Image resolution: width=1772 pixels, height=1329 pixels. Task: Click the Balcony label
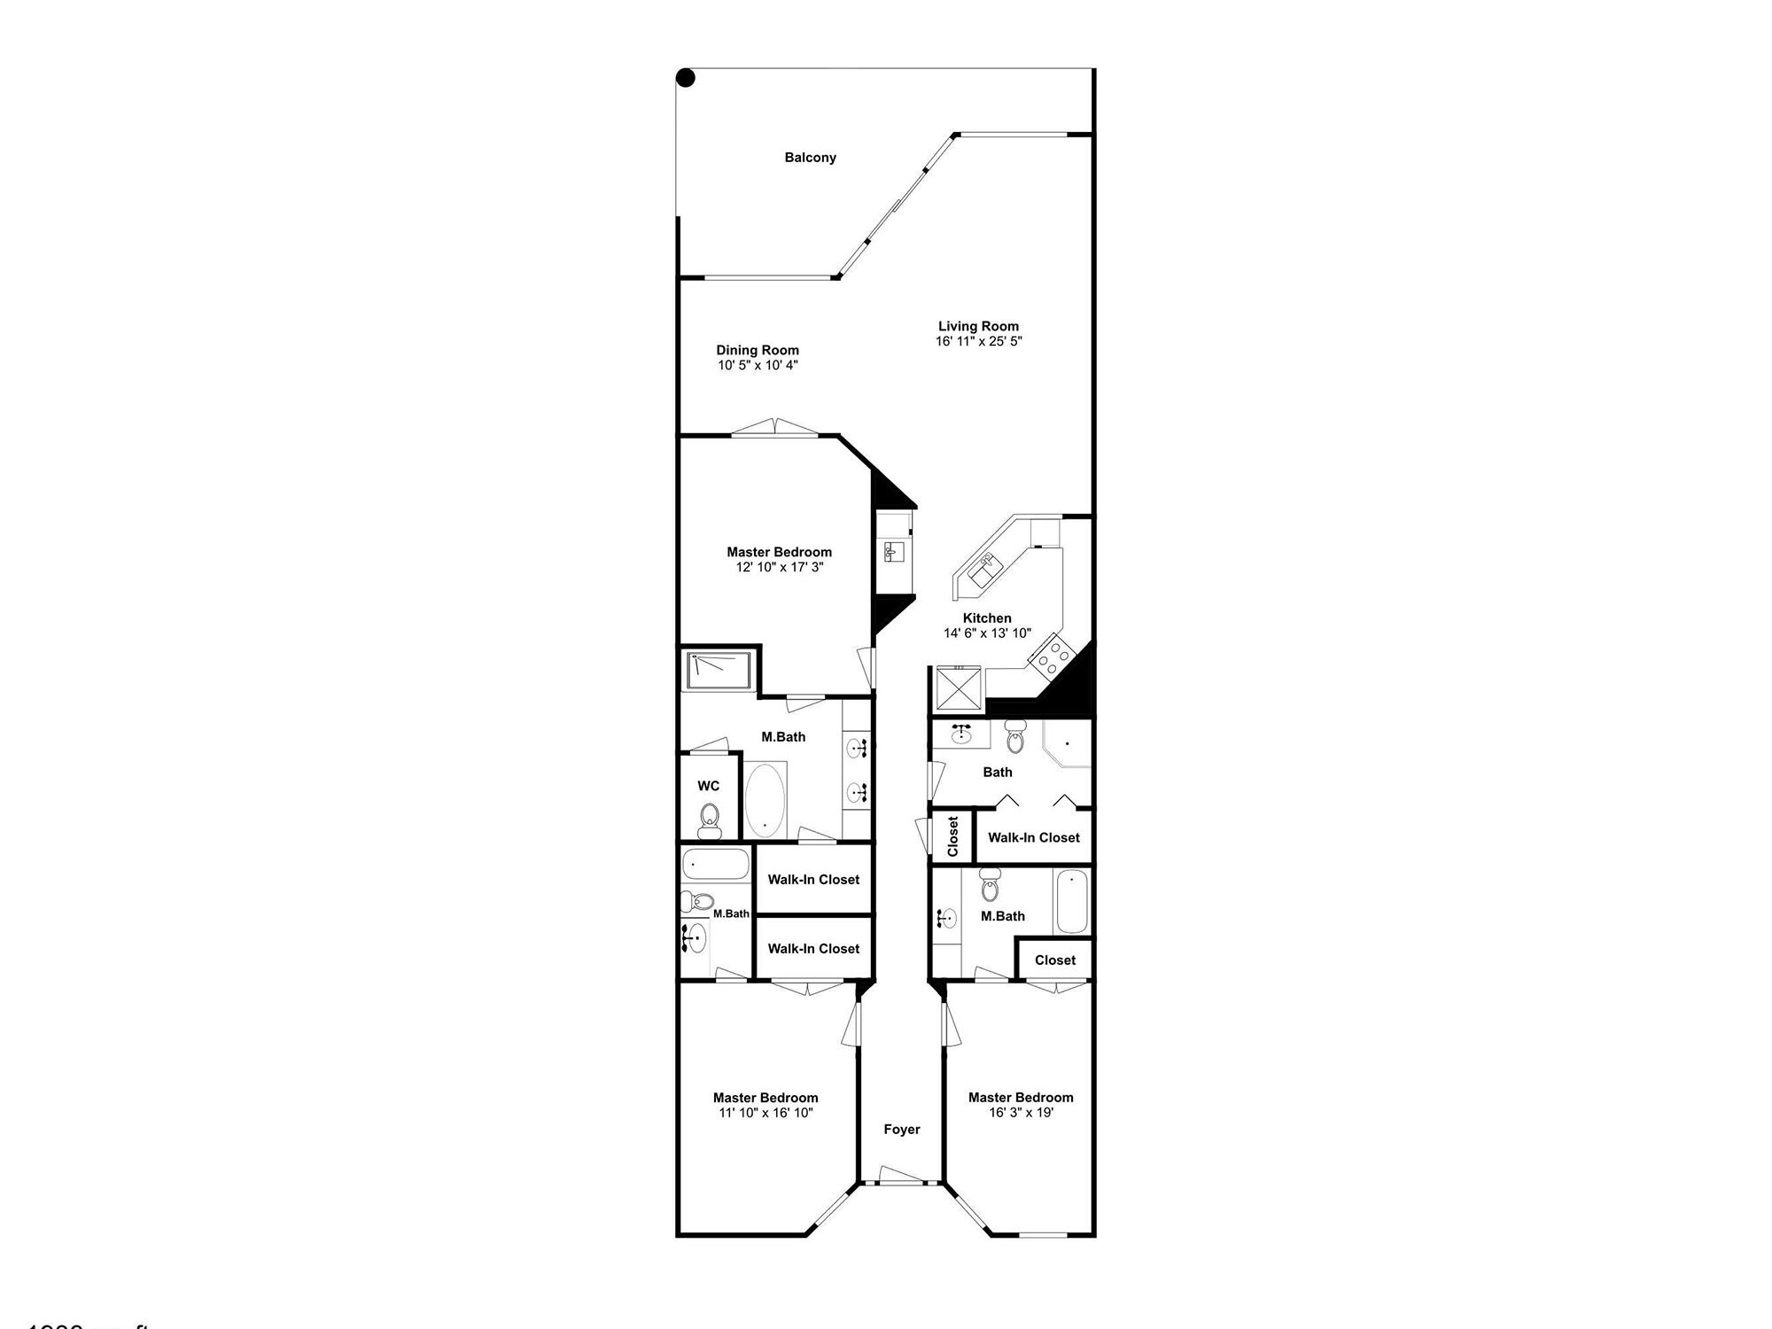[810, 158]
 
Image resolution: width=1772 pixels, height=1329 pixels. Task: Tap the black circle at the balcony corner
[686, 78]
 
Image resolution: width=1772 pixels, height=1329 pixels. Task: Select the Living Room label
[978, 326]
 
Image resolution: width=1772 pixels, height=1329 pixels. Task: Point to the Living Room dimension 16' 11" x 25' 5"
[978, 341]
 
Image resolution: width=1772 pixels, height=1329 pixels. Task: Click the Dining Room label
[758, 350]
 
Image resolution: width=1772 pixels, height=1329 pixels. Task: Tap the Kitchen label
[987, 618]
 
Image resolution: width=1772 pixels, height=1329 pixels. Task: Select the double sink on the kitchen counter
[984, 568]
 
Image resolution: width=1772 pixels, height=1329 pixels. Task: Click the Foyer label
[902, 1130]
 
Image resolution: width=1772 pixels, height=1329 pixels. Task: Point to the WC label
[708, 786]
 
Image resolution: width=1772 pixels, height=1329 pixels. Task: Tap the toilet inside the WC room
[709, 820]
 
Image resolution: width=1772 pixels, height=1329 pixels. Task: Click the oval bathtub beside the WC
[765, 799]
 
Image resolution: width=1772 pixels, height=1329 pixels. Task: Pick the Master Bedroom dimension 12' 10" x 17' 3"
[780, 567]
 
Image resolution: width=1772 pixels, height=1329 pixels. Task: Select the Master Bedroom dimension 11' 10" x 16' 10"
[766, 1113]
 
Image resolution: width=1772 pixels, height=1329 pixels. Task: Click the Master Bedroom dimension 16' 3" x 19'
[1021, 1112]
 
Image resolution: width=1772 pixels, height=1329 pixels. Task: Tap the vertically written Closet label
[953, 836]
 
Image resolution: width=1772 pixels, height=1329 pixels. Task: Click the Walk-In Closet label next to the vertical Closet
[1034, 837]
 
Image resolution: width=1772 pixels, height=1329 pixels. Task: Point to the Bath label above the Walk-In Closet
[998, 772]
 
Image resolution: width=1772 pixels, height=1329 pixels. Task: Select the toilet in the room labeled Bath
[1015, 737]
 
